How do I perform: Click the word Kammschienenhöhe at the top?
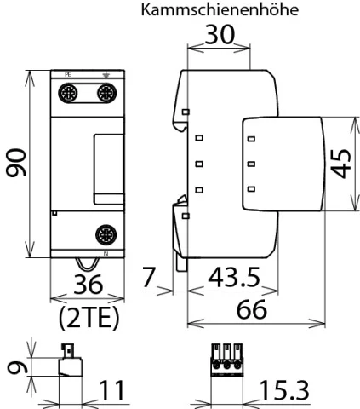click(x=220, y=9)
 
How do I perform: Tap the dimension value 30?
click(x=220, y=35)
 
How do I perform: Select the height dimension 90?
click(x=16, y=163)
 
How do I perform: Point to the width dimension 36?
click(x=88, y=285)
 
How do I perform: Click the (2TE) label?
click(x=89, y=318)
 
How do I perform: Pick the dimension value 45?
click(x=341, y=164)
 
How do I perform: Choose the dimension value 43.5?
click(x=234, y=277)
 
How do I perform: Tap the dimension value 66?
click(x=251, y=309)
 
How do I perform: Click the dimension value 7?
click(x=149, y=277)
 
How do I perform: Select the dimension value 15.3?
click(x=284, y=390)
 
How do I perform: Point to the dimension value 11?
click(x=111, y=390)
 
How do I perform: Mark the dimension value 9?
click(x=17, y=367)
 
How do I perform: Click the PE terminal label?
click(x=68, y=75)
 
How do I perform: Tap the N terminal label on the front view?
click(x=106, y=254)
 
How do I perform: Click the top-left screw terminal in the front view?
click(x=68, y=93)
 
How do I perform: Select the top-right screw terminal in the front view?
click(x=106, y=93)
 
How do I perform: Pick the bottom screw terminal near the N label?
click(x=106, y=235)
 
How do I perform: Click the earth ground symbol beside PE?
click(x=106, y=75)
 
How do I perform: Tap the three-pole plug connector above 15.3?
click(x=226, y=360)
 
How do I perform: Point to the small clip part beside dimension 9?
click(x=71, y=360)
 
